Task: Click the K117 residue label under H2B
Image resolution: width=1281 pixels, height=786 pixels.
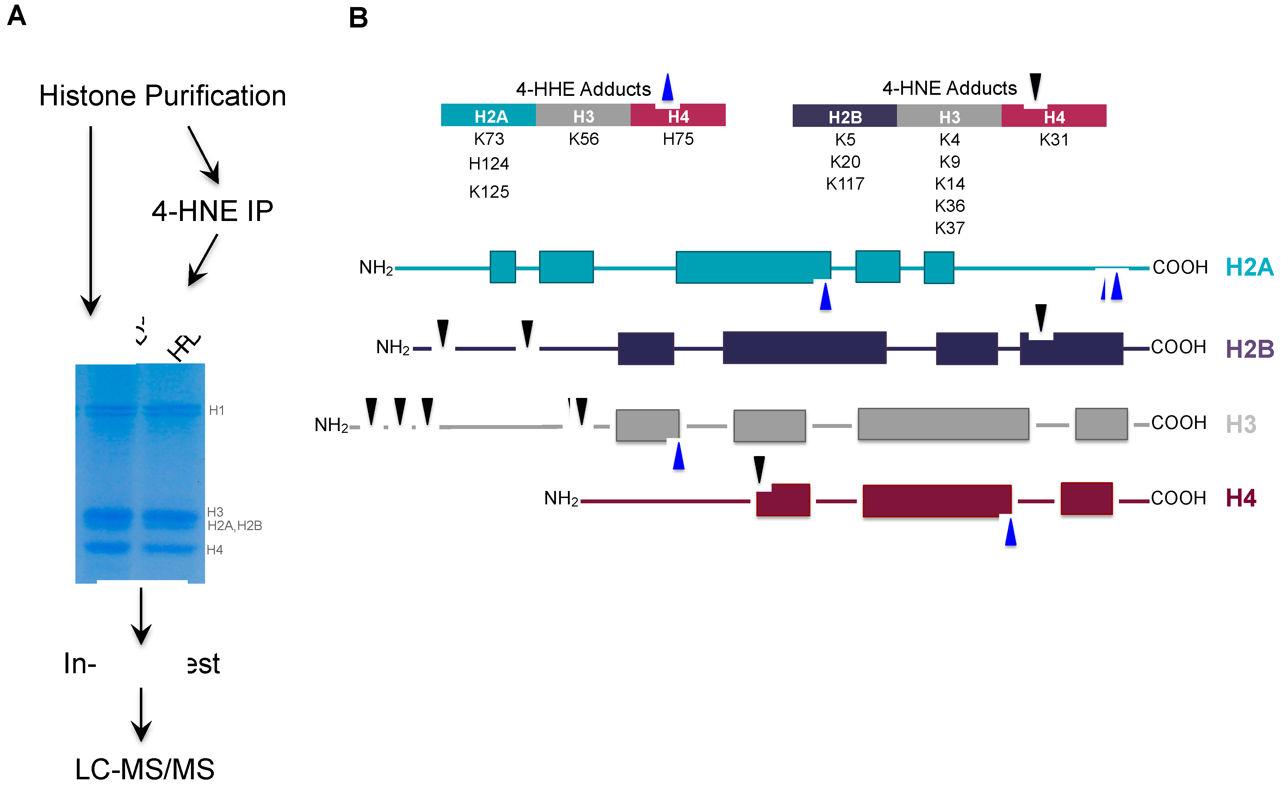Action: point(845,184)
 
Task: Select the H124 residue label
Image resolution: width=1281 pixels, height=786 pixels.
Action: point(489,164)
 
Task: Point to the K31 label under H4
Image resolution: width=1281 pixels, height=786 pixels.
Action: point(1054,140)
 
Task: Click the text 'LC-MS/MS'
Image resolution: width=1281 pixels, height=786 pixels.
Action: point(144,768)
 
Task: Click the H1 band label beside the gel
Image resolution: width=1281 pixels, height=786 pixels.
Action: point(216,410)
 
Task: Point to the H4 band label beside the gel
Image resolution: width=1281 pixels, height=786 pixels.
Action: point(215,550)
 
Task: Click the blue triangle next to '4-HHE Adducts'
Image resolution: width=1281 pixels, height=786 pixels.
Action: point(668,87)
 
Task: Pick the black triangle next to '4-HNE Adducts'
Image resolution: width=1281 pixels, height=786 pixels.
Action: point(1035,86)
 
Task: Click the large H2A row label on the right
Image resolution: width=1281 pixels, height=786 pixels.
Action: point(1249,268)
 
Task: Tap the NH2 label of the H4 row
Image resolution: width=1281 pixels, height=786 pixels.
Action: point(561,498)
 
